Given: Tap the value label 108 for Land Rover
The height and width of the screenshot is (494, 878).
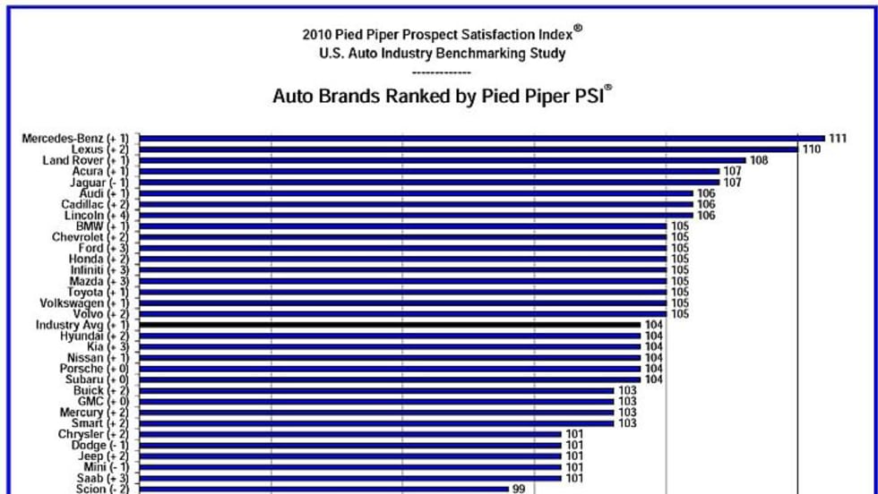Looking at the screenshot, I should click(759, 160).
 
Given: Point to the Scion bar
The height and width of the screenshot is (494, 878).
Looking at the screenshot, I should click(323, 489).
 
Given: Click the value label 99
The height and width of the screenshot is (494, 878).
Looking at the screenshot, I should click(519, 489).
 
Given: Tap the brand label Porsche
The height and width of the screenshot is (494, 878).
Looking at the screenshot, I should click(82, 369).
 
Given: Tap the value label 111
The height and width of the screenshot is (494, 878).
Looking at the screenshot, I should click(838, 138).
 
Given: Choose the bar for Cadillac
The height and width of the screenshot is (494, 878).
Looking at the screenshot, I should click(417, 204).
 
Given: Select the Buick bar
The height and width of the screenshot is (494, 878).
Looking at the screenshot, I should click(377, 390).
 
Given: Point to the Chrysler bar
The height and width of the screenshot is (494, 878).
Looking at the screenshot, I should click(350, 434).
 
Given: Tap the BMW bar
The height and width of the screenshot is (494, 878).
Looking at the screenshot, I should click(403, 226).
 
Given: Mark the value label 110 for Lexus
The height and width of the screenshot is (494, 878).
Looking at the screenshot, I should click(812, 149).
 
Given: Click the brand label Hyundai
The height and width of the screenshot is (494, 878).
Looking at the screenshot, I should click(82, 336).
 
